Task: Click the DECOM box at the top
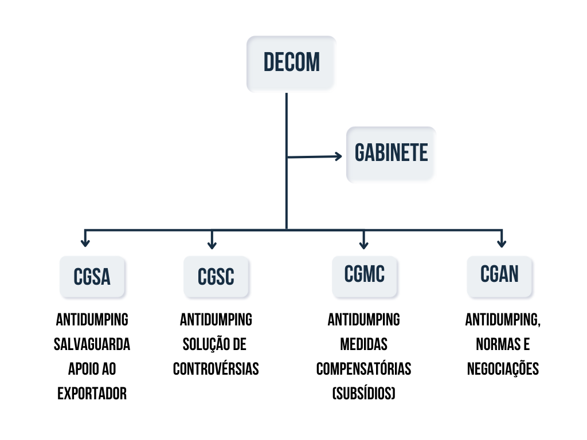pyautogui.click(x=291, y=63)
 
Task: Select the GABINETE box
pyautogui.click(x=391, y=154)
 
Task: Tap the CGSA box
pyautogui.click(x=92, y=277)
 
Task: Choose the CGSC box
pyautogui.click(x=216, y=277)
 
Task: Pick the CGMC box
pyautogui.click(x=365, y=276)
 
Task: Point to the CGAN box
pyautogui.click(x=499, y=276)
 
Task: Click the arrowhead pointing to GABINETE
pyautogui.click(x=338, y=156)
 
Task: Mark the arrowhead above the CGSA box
pyautogui.click(x=85, y=243)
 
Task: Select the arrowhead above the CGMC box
pyautogui.click(x=363, y=243)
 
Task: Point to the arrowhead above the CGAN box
pyautogui.click(x=502, y=243)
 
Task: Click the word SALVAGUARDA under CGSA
pyautogui.click(x=92, y=344)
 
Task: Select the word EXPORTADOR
pyautogui.click(x=92, y=394)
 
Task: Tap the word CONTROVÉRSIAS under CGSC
pyautogui.click(x=216, y=369)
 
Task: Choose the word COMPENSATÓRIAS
pyautogui.click(x=364, y=369)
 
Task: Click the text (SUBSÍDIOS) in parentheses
pyautogui.click(x=364, y=394)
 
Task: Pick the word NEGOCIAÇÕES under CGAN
pyautogui.click(x=503, y=369)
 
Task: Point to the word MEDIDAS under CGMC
pyautogui.click(x=364, y=344)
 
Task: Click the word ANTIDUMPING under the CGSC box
pyautogui.click(x=216, y=319)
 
